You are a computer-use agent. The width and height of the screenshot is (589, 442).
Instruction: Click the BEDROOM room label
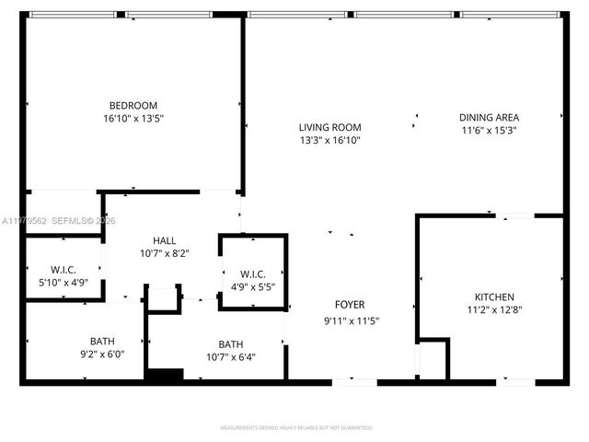pyautogui.click(x=133, y=105)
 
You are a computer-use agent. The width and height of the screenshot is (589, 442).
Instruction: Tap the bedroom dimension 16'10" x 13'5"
pyautogui.click(x=133, y=118)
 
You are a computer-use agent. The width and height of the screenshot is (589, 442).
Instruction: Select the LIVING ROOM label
pyautogui.click(x=329, y=128)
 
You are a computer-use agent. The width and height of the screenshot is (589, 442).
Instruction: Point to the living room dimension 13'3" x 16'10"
pyautogui.click(x=329, y=141)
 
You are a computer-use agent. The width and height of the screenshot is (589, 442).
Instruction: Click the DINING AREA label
pyautogui.click(x=490, y=118)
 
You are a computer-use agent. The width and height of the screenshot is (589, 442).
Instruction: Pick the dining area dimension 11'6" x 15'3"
pyautogui.click(x=490, y=131)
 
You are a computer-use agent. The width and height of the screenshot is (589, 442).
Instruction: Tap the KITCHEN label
pyautogui.click(x=494, y=297)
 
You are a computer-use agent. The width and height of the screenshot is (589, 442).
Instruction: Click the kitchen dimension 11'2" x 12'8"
pyautogui.click(x=494, y=310)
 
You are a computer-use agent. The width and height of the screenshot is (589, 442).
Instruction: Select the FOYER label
pyautogui.click(x=349, y=305)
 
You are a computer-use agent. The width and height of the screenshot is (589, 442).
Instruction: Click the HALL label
pyautogui.click(x=165, y=240)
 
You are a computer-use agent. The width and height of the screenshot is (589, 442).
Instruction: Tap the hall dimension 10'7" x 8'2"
pyautogui.click(x=165, y=253)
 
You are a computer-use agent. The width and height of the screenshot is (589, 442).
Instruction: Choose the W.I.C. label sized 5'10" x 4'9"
pyautogui.click(x=63, y=270)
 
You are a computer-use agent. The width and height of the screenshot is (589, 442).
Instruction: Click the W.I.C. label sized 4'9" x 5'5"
pyautogui.click(x=253, y=273)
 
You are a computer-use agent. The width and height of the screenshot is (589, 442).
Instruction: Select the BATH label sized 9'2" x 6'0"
pyautogui.click(x=102, y=340)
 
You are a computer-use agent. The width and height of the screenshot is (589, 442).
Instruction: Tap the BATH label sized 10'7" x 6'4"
pyautogui.click(x=231, y=344)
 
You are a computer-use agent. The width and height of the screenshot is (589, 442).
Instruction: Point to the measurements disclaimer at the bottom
pyautogui.click(x=295, y=428)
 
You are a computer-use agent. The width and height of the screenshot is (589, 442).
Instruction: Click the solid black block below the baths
pyautogui.click(x=165, y=374)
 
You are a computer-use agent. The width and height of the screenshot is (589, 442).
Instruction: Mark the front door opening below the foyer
pyautogui.click(x=354, y=381)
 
